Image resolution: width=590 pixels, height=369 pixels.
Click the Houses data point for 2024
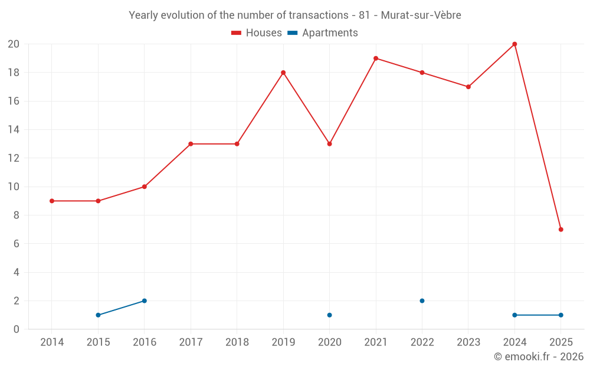514,44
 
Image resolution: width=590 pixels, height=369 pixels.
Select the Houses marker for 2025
560,230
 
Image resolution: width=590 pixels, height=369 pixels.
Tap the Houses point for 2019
283,73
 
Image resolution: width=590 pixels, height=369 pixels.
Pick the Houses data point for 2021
376,58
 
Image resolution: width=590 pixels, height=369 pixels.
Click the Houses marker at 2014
52,201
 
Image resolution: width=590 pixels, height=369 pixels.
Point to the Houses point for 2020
329,144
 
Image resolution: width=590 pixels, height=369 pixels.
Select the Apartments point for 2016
145,301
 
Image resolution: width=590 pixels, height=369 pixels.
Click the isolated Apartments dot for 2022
422,301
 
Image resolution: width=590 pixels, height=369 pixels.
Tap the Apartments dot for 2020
329,315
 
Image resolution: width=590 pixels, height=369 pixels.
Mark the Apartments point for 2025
560,315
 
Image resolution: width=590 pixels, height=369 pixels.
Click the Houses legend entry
257,33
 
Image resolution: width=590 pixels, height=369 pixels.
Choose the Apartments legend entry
323,33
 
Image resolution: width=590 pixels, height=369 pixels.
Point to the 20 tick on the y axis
14,44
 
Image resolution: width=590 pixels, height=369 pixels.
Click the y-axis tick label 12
14,158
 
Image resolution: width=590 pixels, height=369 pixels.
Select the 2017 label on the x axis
191,342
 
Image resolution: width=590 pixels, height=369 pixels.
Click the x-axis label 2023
468,342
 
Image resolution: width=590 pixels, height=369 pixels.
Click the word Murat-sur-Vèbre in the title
421,15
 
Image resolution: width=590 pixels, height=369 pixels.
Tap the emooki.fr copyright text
539,357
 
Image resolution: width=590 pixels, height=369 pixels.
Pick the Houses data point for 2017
191,144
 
